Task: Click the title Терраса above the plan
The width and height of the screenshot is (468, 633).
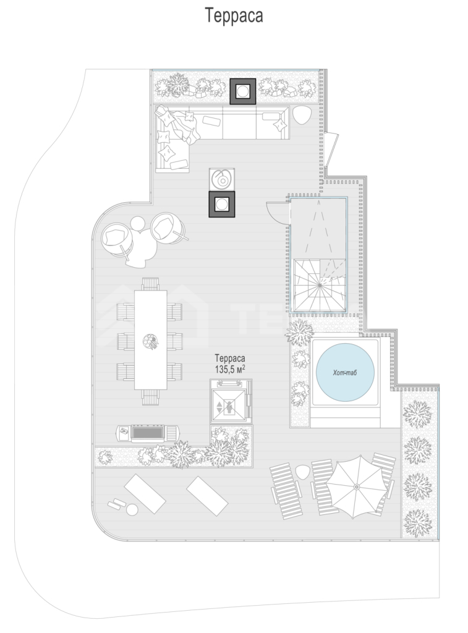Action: click(x=234, y=15)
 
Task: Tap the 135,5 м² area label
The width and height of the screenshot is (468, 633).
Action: click(x=230, y=369)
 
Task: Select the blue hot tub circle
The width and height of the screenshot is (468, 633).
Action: click(x=345, y=372)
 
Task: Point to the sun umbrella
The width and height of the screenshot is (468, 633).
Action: click(x=356, y=487)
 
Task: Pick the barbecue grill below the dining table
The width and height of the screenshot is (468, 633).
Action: click(x=148, y=433)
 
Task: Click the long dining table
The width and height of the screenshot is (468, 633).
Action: click(x=151, y=340)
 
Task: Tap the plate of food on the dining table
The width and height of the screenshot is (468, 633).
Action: click(x=150, y=341)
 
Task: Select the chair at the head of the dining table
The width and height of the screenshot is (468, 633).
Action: click(x=150, y=284)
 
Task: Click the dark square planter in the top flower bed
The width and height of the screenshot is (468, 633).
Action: click(x=243, y=91)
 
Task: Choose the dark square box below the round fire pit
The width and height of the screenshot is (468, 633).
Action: click(x=222, y=204)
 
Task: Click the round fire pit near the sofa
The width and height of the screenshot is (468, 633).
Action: click(x=222, y=179)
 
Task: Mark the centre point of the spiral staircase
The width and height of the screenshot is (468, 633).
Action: click(x=319, y=286)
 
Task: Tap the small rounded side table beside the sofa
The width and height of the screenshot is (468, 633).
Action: click(x=302, y=116)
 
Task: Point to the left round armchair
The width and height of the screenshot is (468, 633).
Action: click(x=117, y=239)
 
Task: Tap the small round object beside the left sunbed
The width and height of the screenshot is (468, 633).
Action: click(x=131, y=510)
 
